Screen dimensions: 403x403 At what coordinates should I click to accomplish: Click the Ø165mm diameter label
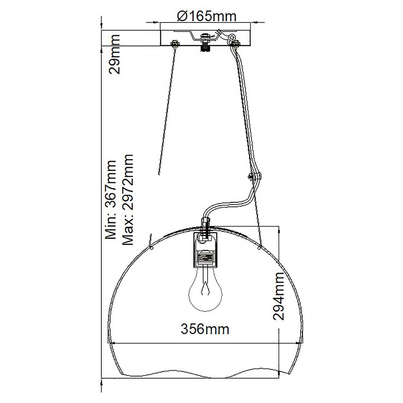point(207,16)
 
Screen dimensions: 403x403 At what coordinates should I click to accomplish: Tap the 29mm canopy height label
point(114,54)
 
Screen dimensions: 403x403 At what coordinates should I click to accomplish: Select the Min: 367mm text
point(110,200)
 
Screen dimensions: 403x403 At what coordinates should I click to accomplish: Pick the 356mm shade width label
point(205,329)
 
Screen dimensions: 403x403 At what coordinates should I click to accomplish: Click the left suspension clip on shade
point(150,247)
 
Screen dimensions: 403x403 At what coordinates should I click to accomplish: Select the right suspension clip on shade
point(260,247)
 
